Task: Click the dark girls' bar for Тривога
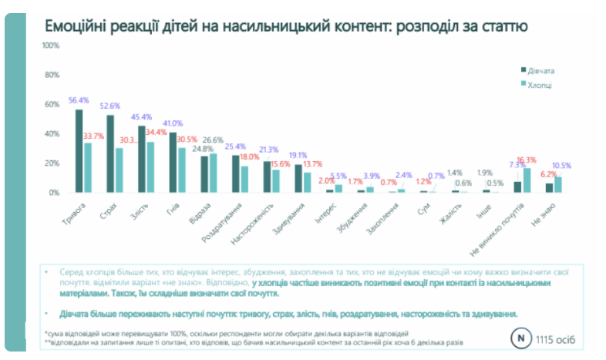pos(79,151)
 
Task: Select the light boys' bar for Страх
pos(120,170)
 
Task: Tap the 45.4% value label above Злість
pos(142,118)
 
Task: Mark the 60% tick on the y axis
pos(52,105)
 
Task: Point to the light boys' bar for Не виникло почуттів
pos(527,180)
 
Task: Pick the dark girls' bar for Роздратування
pos(233,174)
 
